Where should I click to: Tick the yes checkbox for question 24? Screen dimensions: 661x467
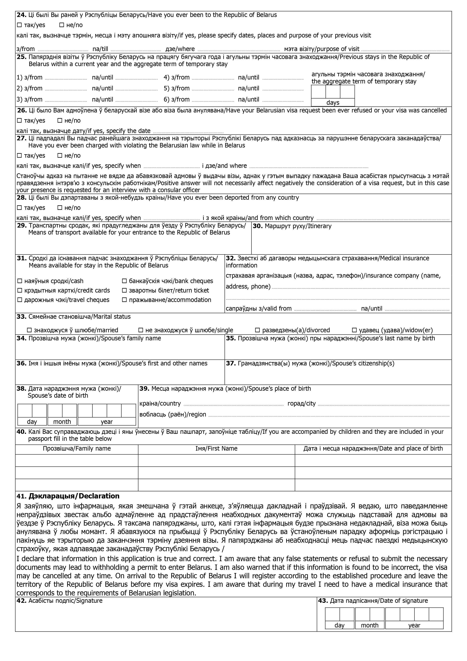pos(19,25)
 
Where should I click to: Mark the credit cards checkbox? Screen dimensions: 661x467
pos(20,290)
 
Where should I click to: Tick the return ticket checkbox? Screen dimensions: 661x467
pos(124,290)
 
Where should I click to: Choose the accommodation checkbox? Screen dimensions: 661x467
pos(124,300)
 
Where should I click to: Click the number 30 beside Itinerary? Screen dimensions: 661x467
pos(257,226)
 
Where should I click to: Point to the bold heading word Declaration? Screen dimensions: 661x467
pos(99,496)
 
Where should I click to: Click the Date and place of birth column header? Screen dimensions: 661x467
pos(373,448)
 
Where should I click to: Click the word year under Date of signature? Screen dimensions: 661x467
pos(414,625)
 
